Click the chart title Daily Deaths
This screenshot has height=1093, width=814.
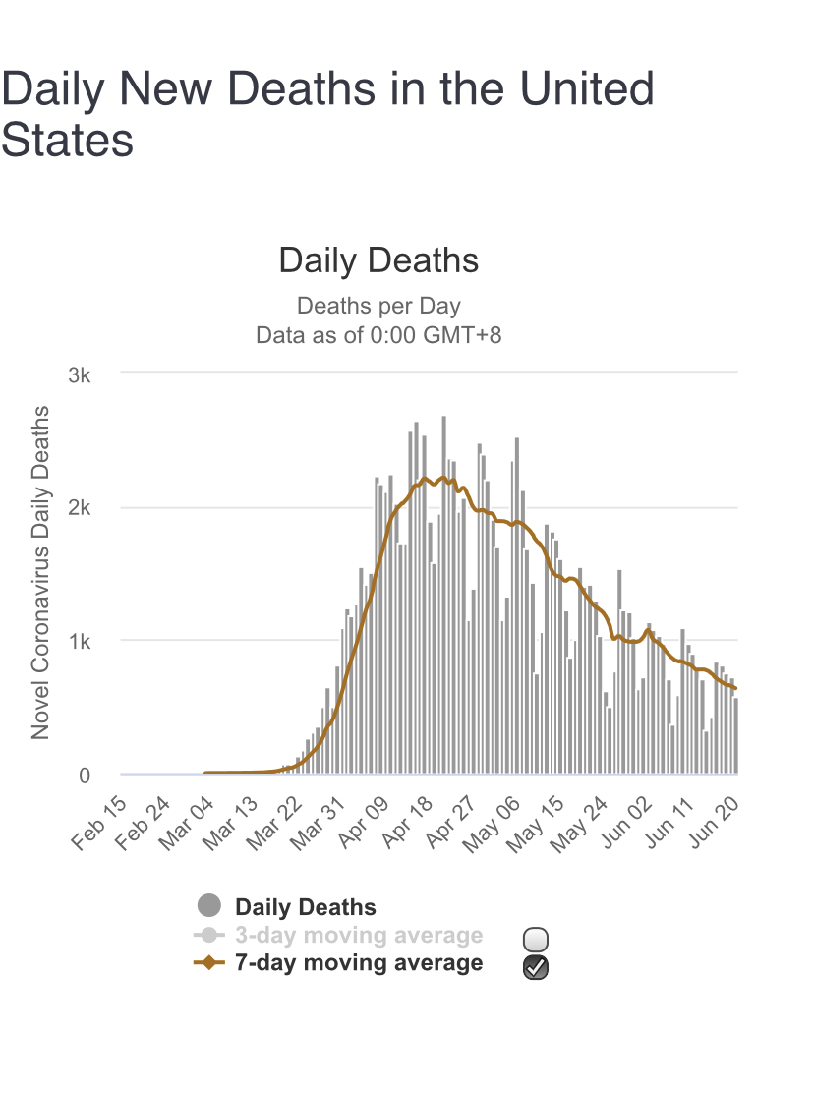378,261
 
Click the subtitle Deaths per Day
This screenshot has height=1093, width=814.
378,306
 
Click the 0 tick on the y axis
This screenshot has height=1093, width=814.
85,776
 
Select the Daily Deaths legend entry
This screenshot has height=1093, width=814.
305,908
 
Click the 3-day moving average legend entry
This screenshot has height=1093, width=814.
359,936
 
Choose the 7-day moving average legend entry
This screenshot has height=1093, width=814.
359,963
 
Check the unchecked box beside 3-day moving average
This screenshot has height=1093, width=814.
537,939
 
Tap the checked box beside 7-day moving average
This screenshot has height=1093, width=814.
537,967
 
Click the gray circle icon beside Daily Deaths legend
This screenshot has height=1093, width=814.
209,906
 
